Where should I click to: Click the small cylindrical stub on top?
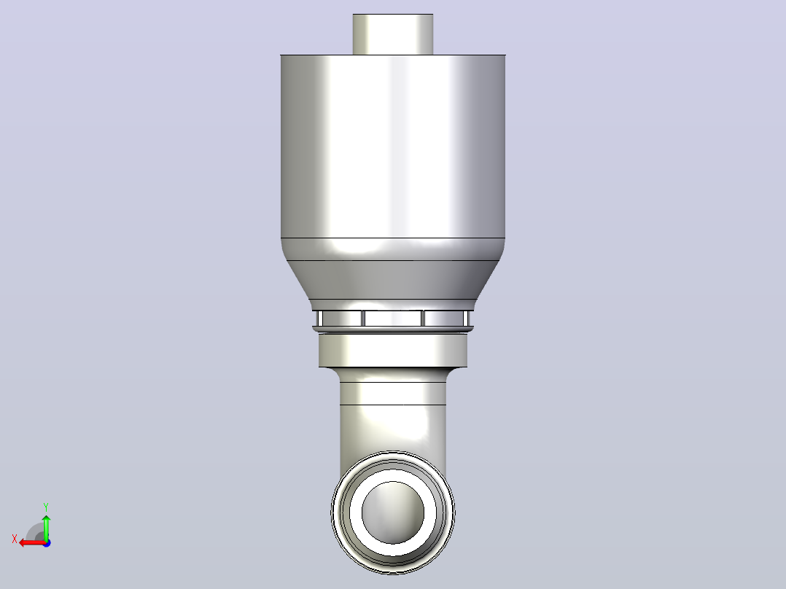(393, 34)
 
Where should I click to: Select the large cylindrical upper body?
(393, 146)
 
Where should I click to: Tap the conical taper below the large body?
(393, 280)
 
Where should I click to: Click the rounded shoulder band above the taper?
(393, 249)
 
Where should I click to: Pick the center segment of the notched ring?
(393, 319)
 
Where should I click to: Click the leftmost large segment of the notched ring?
(341, 319)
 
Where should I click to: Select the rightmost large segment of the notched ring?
(445, 319)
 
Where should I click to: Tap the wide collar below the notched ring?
(394, 350)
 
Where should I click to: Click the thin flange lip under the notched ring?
(393, 329)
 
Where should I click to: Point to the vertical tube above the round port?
(393, 416)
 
